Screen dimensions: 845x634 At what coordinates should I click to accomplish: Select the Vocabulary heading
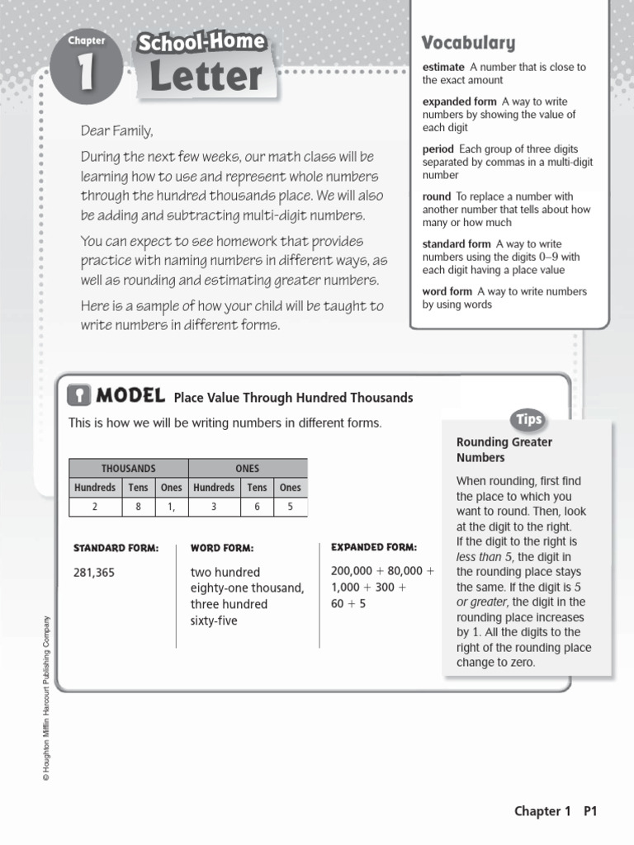coord(468,43)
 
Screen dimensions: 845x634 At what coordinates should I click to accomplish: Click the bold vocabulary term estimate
coord(443,67)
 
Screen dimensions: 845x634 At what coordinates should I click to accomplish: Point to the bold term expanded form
coord(460,101)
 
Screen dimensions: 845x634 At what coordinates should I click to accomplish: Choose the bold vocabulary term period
coord(438,149)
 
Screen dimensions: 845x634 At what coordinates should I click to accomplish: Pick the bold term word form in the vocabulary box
coord(447,291)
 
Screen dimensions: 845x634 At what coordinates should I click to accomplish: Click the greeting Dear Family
coord(117,131)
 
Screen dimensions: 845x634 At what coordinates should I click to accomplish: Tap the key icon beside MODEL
coord(78,396)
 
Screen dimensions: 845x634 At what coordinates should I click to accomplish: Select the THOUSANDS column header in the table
coord(128,468)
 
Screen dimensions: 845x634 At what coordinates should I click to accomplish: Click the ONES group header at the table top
coord(247,468)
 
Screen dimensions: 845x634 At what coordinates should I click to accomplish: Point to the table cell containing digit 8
coord(138,507)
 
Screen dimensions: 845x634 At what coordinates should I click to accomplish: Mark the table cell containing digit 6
coord(257,507)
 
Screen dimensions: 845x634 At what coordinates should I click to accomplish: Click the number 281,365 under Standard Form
coord(94,572)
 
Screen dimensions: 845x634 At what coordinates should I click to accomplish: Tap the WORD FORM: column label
coord(222,548)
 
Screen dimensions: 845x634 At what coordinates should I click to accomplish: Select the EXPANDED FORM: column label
coord(374,547)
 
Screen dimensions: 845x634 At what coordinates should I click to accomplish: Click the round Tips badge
coord(528,419)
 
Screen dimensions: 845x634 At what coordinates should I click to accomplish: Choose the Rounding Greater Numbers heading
coord(504,450)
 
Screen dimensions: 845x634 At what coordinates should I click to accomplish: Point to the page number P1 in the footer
coord(589,811)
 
